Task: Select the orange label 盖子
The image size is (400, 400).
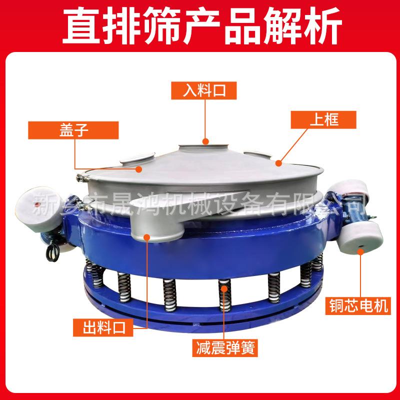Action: point(75,131)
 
